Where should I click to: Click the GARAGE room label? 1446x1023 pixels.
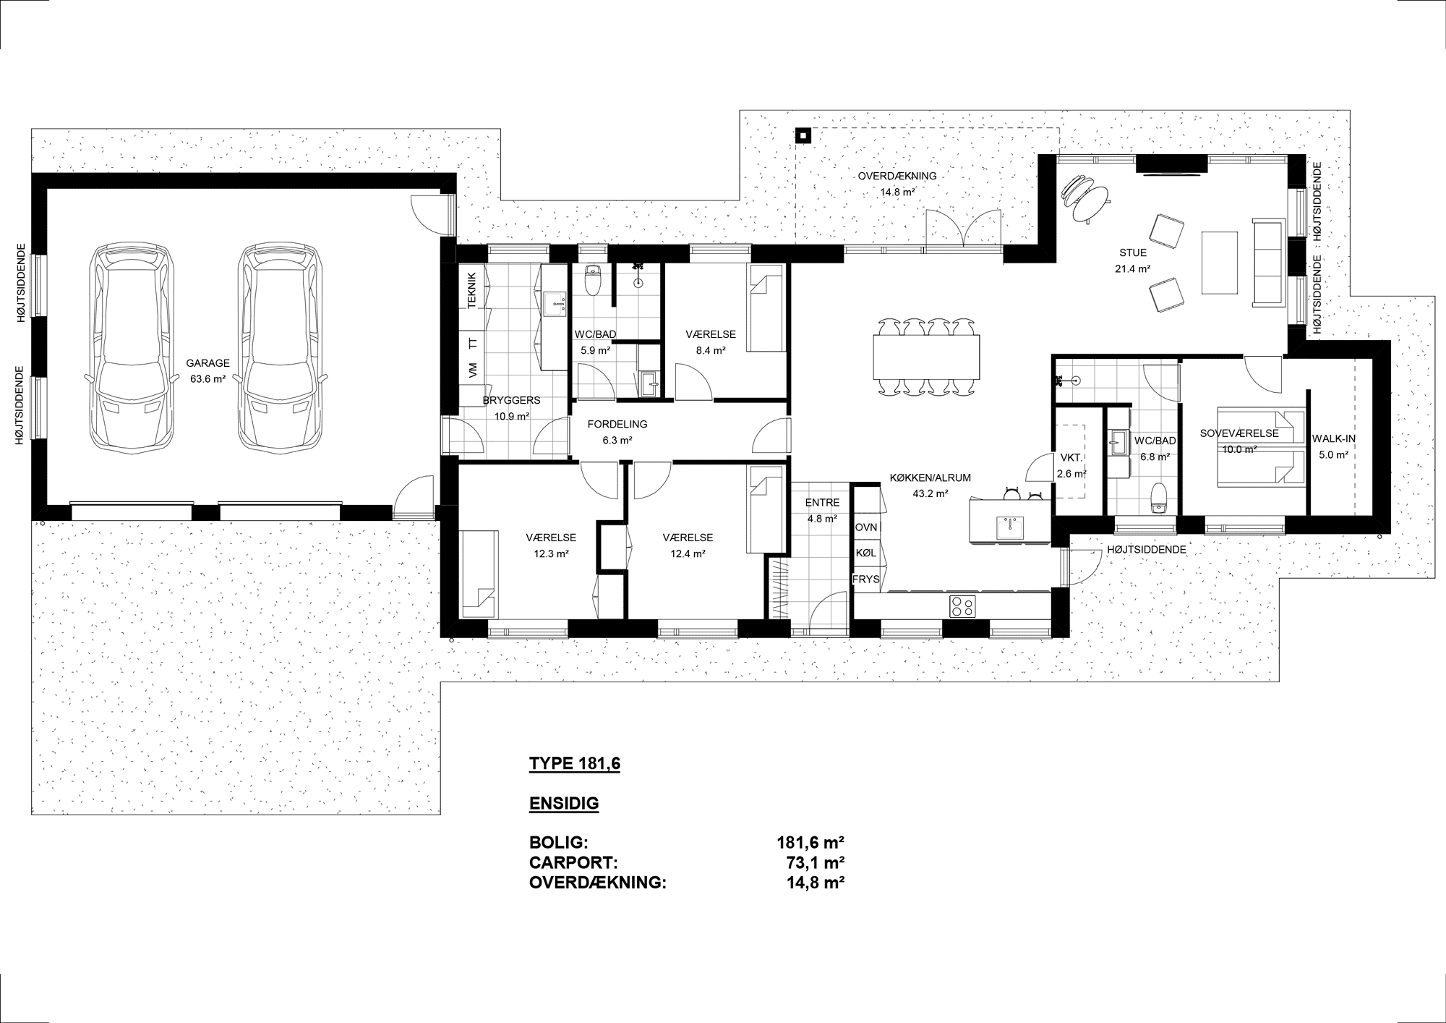coord(208,363)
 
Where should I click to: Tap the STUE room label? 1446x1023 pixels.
coord(1133,253)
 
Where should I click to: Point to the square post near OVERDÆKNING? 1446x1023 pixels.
coord(803,135)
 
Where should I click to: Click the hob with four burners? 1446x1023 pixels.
coord(962,606)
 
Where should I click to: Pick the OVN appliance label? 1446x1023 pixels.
coord(866,527)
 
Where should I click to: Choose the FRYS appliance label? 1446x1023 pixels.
coord(866,580)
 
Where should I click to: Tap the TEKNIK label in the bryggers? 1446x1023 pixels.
coord(472,291)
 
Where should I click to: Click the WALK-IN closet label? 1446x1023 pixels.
coord(1333,438)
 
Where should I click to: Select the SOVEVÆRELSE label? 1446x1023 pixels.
coord(1239,434)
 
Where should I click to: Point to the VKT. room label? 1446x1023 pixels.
coord(1071,458)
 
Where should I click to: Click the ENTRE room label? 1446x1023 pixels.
coord(822,503)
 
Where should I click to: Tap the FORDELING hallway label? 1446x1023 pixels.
coord(617,425)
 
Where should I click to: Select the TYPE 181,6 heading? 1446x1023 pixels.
coord(575,764)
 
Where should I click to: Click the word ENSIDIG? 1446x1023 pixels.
coord(564,804)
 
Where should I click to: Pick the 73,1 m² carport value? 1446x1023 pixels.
coord(816,863)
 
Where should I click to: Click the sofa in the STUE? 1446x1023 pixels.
coord(1269,261)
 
